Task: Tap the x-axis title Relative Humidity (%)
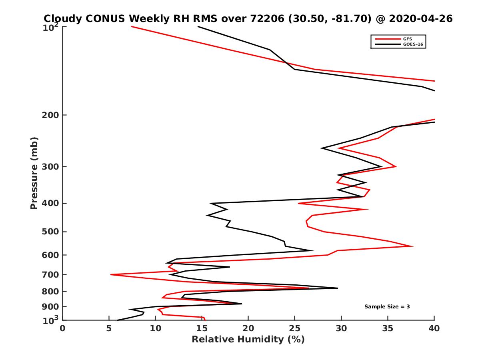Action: (248, 340)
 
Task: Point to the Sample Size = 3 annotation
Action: (387, 306)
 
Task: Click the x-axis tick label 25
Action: (295, 328)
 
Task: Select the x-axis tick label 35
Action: (388, 328)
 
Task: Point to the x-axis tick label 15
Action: (202, 328)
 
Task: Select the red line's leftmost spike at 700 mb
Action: (111, 274)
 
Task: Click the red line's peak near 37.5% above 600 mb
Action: (413, 246)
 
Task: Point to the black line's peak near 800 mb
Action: (338, 288)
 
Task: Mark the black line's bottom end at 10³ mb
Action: (118, 320)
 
